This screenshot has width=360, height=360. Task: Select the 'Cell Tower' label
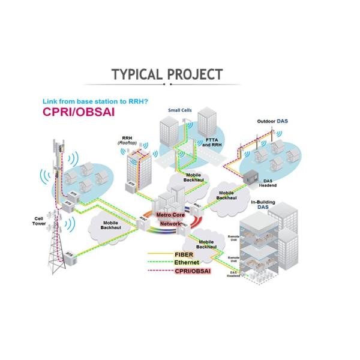tap(39, 220)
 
